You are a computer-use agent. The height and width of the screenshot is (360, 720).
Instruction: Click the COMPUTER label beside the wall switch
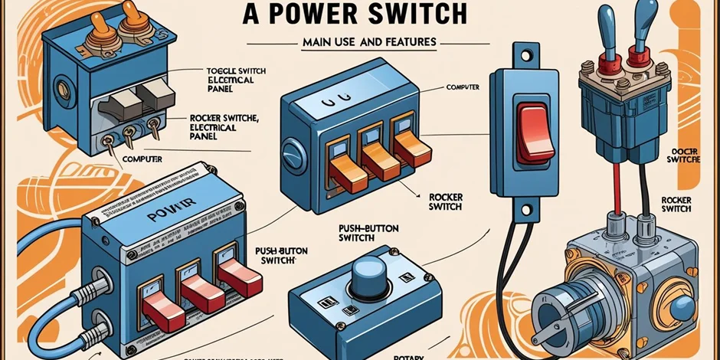(x=463, y=88)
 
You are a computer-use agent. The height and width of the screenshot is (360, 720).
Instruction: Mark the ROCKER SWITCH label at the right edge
(x=677, y=204)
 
